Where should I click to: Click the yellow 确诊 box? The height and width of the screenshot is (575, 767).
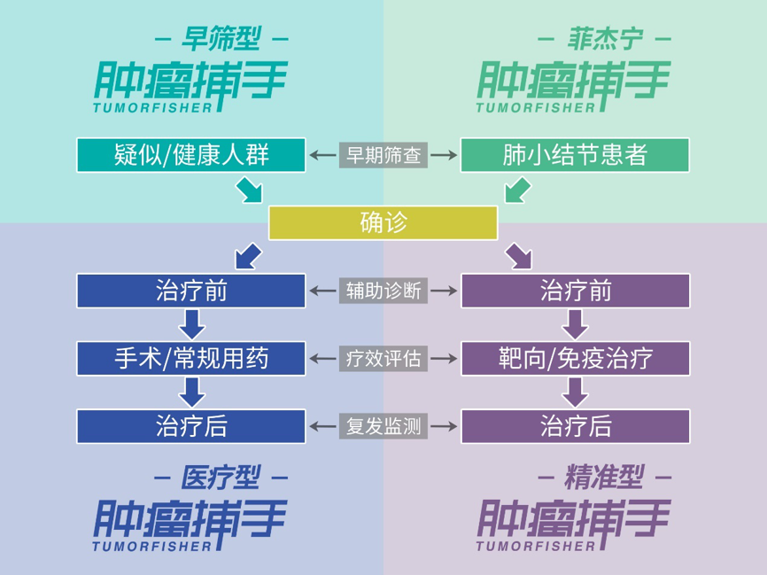pos(383,222)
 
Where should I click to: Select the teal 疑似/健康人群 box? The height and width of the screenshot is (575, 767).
pos(191,155)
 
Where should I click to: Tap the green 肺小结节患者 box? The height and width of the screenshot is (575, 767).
pos(575,155)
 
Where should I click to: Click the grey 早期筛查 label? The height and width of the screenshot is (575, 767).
pos(383,155)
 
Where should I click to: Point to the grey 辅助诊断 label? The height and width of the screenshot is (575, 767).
pos(383,291)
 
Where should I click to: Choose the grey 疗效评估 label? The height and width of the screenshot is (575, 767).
pos(383,358)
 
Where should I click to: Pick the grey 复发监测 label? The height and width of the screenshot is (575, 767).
pos(383,426)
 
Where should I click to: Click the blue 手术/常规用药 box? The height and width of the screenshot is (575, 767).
pos(191,358)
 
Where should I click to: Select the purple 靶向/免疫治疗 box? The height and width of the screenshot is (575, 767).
pos(575,358)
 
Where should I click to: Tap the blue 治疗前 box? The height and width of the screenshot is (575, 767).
pos(191,291)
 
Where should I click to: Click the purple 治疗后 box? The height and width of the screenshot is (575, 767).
pos(575,426)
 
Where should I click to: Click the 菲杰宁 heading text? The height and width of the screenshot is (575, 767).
pos(604,39)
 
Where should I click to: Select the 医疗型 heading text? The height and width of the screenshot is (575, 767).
pos(221,478)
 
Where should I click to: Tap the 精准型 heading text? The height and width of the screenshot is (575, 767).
pos(604,478)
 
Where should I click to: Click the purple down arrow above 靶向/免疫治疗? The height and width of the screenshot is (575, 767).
pos(575,324)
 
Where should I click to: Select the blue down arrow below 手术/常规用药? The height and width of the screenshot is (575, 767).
pos(191,392)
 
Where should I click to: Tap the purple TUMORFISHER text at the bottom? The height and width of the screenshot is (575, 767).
pos(535,547)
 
